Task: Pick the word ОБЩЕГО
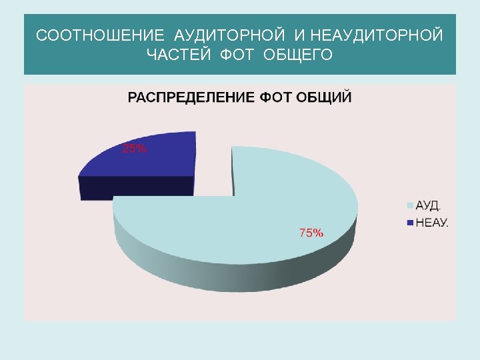(x=298, y=54)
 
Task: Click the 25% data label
(x=134, y=149)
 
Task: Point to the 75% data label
(x=311, y=233)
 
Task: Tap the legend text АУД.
(x=429, y=204)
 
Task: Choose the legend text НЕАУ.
(x=432, y=222)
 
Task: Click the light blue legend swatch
(x=411, y=204)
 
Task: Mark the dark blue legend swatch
(x=411, y=222)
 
